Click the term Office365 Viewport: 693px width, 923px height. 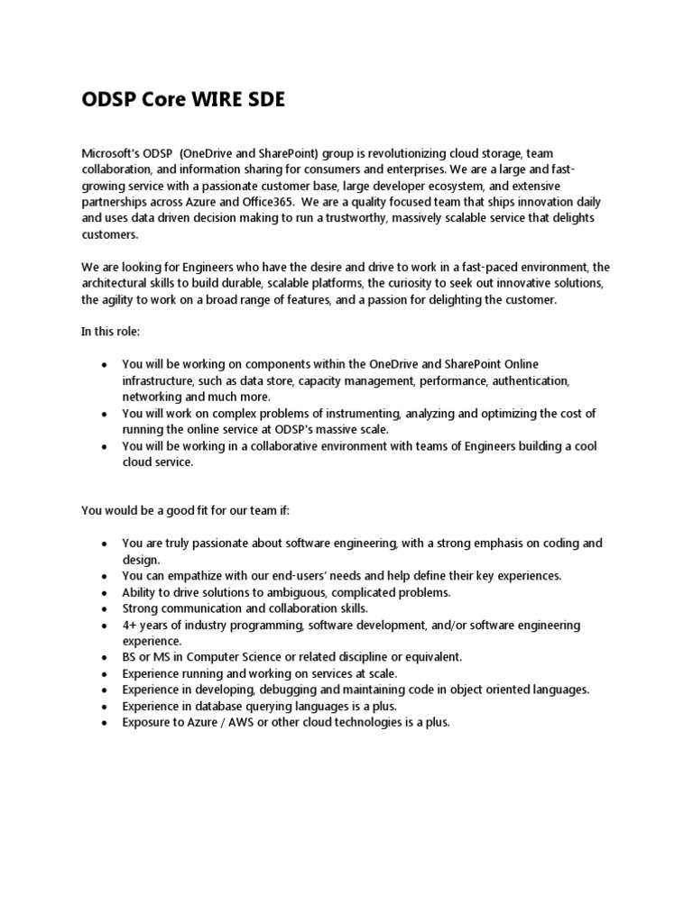click(273, 203)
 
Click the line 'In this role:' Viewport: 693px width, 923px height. click(110, 332)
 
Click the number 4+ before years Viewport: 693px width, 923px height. click(129, 625)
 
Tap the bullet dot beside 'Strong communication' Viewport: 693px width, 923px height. click(105, 609)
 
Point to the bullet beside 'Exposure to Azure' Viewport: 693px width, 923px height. click(105, 723)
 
